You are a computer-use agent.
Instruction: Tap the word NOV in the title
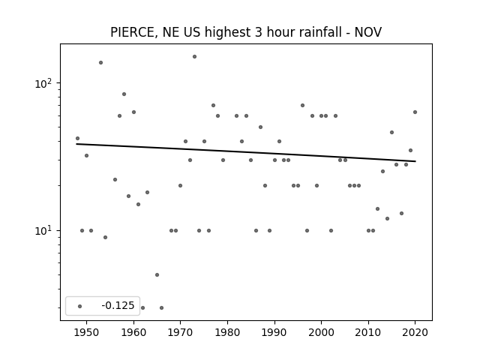click(368, 32)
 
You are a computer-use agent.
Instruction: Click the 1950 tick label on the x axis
click(87, 332)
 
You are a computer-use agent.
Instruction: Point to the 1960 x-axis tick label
click(133, 332)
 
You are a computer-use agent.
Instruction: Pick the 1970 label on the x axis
click(181, 332)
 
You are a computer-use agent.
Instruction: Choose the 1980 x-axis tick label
click(227, 332)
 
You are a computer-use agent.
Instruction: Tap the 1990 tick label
click(274, 332)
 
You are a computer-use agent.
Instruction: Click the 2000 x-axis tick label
click(322, 332)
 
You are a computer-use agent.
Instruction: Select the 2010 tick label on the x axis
click(368, 332)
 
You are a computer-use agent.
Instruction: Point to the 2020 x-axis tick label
click(415, 332)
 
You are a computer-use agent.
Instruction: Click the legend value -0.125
click(118, 305)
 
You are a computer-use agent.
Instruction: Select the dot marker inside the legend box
click(80, 306)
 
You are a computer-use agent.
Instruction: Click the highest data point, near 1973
click(194, 57)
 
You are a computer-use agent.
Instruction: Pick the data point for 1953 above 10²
click(100, 63)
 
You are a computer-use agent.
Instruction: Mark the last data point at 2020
click(415, 112)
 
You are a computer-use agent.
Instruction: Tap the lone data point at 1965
click(157, 275)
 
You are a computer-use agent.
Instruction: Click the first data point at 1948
click(77, 138)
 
